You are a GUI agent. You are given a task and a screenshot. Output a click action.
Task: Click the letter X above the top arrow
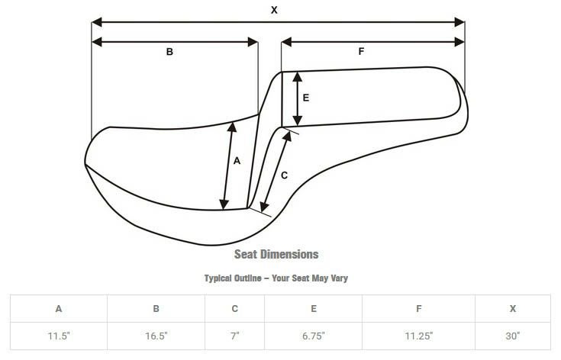point(273,10)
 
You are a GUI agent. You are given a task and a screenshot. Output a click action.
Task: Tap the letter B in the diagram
point(169,52)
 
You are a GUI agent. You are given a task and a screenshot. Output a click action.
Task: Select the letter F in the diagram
point(361,52)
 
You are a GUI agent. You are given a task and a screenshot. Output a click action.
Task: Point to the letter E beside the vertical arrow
point(305,98)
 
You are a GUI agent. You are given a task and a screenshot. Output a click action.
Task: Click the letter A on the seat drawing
point(237,161)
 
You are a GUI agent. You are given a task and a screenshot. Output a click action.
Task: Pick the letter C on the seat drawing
point(284,175)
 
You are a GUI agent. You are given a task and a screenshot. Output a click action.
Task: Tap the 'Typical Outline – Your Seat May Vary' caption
point(276,278)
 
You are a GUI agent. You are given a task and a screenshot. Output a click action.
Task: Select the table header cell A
point(59,309)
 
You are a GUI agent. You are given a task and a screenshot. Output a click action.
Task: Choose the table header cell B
point(156,309)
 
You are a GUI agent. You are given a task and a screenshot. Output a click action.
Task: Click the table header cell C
point(235,309)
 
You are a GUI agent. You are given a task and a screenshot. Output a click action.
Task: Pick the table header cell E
point(313,309)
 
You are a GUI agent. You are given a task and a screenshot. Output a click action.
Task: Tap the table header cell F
point(418,309)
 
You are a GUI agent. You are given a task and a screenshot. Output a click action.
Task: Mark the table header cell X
point(512,309)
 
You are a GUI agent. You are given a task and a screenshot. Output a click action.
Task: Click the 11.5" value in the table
point(59,335)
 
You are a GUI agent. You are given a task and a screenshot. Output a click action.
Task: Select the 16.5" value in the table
point(156,335)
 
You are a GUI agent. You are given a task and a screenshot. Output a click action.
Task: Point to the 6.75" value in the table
point(313,335)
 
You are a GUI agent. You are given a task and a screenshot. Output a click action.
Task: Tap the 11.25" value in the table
point(418,335)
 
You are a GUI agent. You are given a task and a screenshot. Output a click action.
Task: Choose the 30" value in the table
point(512,335)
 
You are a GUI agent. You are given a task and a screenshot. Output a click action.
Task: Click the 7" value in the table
point(235,335)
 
